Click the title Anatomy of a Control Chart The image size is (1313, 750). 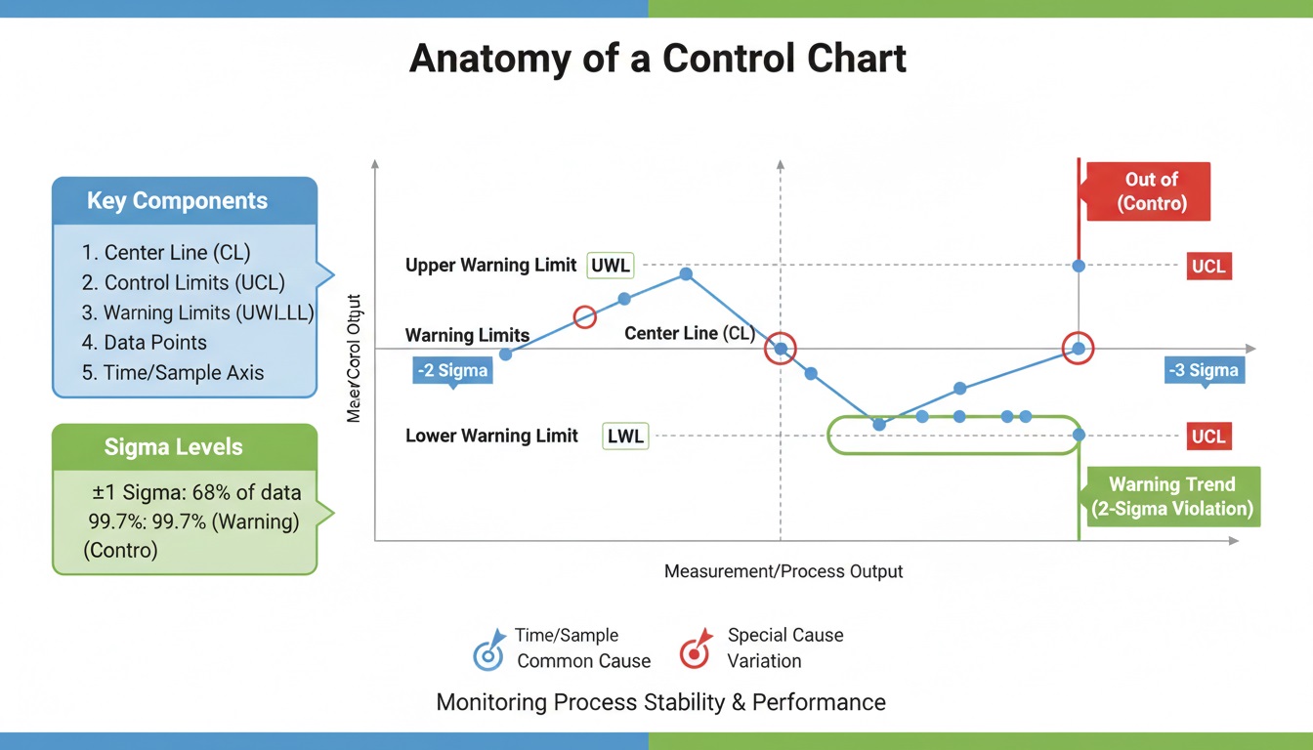pyautogui.click(x=657, y=59)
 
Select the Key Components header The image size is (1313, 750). pyautogui.click(x=177, y=201)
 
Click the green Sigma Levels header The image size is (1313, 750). pyautogui.click(x=173, y=447)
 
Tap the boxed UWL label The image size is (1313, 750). pyautogui.click(x=612, y=266)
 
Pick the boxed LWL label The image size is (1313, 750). pyautogui.click(x=625, y=437)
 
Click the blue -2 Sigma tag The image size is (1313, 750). pyautogui.click(x=450, y=371)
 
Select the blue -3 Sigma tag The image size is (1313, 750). pyautogui.click(x=1203, y=370)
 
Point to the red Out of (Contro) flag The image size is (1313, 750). pyautogui.click(x=1151, y=191)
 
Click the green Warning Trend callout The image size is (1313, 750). pyautogui.click(x=1171, y=496)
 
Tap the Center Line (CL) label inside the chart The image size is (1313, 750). pyautogui.click(x=689, y=334)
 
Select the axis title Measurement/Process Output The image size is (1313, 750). pyautogui.click(x=784, y=571)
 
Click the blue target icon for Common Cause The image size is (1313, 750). pyautogui.click(x=487, y=651)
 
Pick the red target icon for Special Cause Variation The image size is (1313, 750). pyautogui.click(x=695, y=651)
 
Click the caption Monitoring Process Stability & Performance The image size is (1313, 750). pyautogui.click(x=660, y=702)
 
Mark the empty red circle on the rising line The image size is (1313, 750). pyautogui.click(x=584, y=317)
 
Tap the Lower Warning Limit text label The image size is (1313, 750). pyautogui.click(x=491, y=437)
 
